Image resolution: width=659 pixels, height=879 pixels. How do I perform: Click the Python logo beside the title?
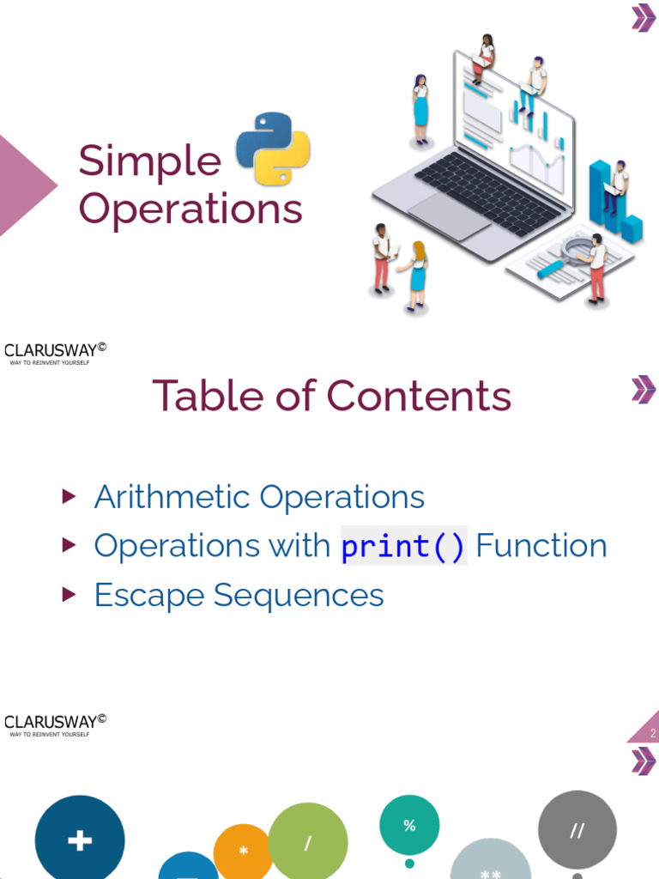point(272,149)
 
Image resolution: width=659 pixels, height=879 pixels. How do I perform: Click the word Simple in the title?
point(150,161)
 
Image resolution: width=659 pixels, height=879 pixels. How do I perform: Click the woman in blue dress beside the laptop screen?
point(420,108)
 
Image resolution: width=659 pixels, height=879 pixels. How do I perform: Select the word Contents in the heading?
point(419,396)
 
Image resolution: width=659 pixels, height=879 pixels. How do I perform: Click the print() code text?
point(403,546)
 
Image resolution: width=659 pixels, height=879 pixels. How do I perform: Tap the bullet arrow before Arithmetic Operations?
point(70,496)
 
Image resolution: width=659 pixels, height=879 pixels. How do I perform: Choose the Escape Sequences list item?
point(239,595)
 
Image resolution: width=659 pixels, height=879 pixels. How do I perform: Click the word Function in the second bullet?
point(541,546)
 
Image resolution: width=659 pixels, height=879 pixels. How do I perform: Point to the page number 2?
point(652,733)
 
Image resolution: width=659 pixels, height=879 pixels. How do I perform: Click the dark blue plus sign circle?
point(80,840)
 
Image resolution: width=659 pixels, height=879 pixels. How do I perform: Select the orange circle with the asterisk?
point(244,851)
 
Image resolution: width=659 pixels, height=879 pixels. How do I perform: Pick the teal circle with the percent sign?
point(409,825)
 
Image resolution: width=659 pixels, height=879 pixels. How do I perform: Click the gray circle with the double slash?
point(577,830)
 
